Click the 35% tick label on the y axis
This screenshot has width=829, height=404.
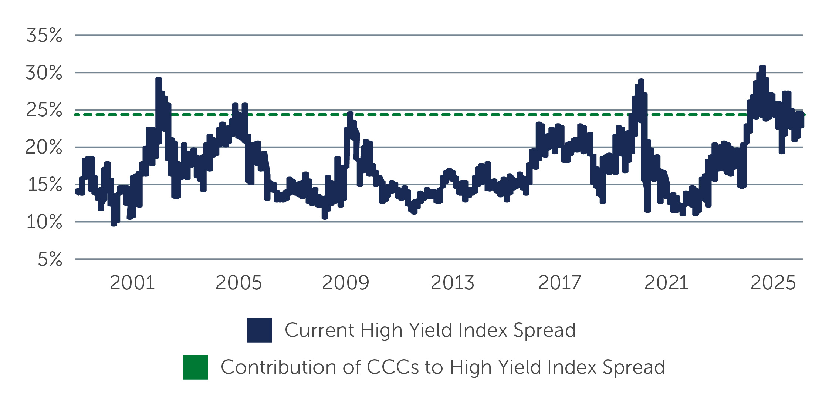coord(44,36)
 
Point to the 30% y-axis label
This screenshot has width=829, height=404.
coord(44,73)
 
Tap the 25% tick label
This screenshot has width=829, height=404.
coord(44,110)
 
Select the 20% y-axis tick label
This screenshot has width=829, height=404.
coord(44,147)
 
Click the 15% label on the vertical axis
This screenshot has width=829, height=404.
coord(45,185)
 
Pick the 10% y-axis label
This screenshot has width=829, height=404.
coord(44,222)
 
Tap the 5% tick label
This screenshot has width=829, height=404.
coord(50,259)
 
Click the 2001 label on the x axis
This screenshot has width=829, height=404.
coord(132,283)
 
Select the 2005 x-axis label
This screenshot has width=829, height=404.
coord(238,283)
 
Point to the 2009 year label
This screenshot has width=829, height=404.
coord(345,283)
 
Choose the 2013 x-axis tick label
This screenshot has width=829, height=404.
coord(452,283)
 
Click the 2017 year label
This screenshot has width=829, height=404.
coord(559,283)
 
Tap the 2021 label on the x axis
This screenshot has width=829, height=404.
coord(666,283)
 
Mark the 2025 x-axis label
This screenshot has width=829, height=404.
coord(773,283)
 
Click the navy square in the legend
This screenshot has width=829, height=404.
coord(259,330)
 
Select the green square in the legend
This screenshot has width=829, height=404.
coord(195,367)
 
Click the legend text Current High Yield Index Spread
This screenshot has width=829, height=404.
coord(430,330)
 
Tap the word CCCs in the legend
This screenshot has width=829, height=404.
coord(393,367)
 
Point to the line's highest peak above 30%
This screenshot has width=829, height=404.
coord(762,67)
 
